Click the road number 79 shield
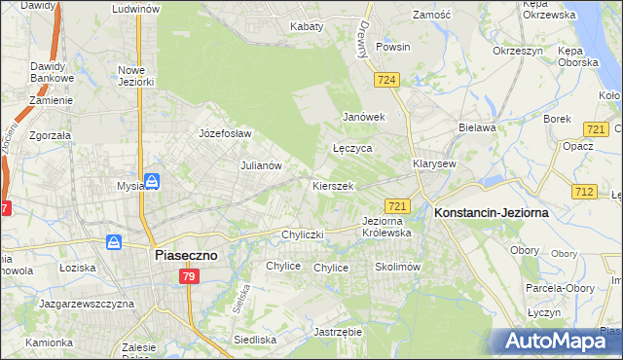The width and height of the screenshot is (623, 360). click(x=189, y=277)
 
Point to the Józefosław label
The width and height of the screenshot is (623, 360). click(x=225, y=133)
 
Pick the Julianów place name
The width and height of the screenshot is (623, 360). click(x=261, y=165)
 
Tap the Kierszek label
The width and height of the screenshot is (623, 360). click(x=332, y=185)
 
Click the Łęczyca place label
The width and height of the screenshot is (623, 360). click(x=352, y=149)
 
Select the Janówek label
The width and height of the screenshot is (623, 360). click(x=364, y=117)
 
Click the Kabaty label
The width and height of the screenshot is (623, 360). click(x=307, y=26)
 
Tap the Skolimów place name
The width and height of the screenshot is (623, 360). click(x=396, y=267)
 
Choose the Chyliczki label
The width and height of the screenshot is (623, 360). click(x=302, y=234)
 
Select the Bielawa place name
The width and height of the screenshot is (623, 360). click(x=477, y=127)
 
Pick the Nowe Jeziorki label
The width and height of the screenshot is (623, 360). click(x=136, y=76)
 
